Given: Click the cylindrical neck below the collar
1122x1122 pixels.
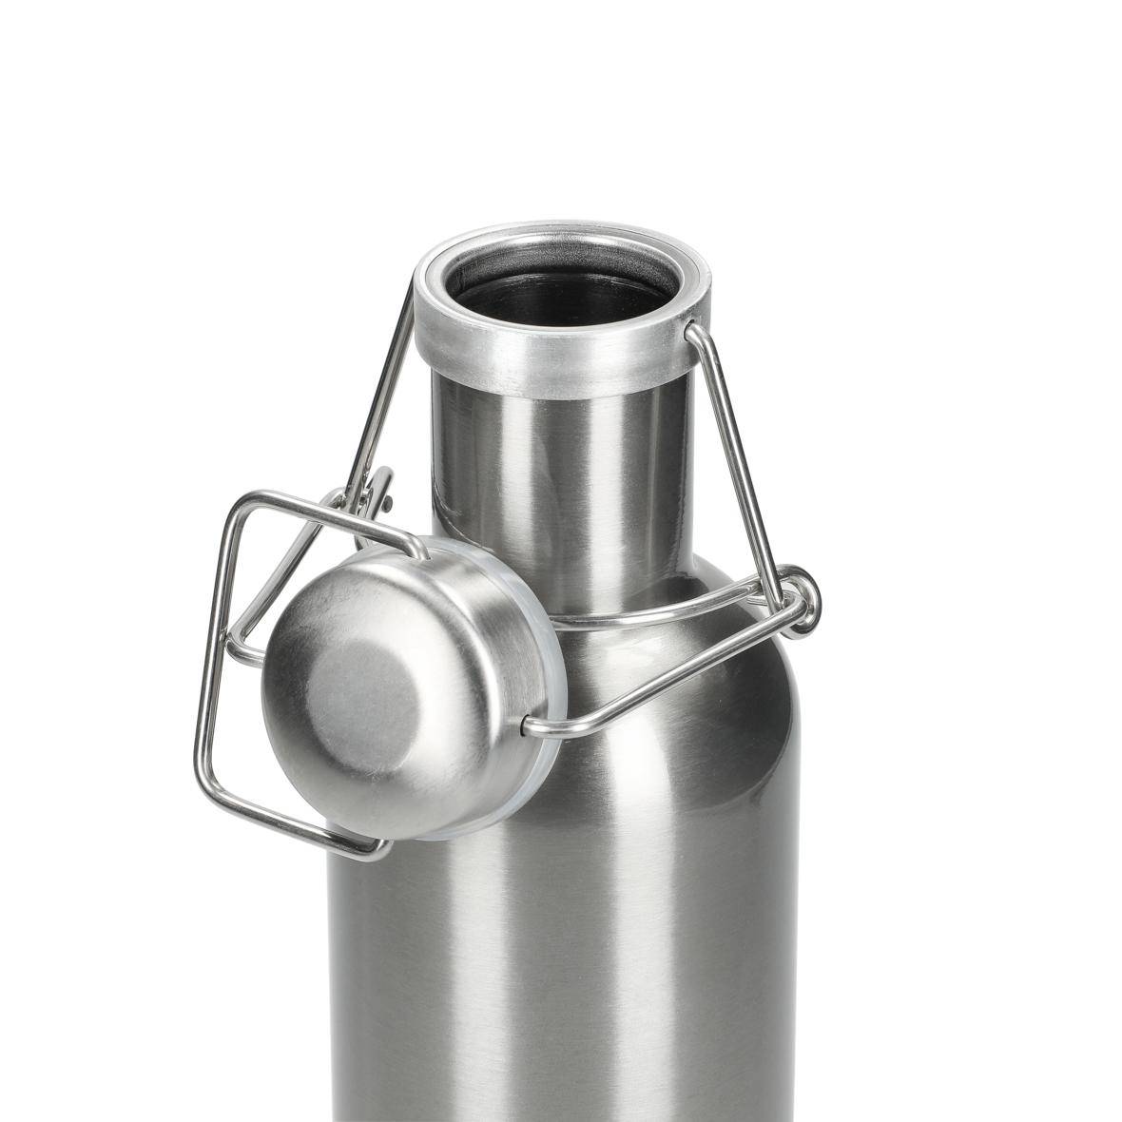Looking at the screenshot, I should [x=561, y=475].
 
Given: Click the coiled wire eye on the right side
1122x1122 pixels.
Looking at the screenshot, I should [x=802, y=599].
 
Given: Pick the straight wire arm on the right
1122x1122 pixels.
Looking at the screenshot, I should [x=742, y=456].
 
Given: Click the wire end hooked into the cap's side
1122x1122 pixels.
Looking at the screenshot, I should [x=527, y=728].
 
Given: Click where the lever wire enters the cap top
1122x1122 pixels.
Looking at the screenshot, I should [x=418, y=550].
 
